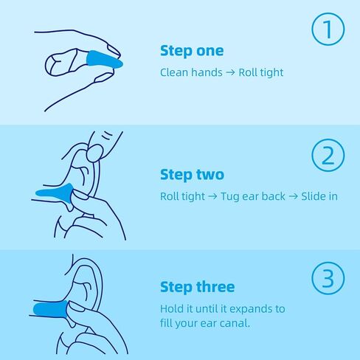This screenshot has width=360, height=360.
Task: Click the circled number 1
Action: click(328, 29)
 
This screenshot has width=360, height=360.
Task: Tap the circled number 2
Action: click(328, 155)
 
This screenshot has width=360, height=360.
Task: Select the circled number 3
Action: click(328, 278)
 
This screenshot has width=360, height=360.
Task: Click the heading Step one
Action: click(192, 51)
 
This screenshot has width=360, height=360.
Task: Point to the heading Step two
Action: click(192, 175)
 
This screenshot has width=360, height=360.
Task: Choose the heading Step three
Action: click(197, 287)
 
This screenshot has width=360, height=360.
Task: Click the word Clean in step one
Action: click(174, 72)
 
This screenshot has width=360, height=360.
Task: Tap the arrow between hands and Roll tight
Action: click(230, 73)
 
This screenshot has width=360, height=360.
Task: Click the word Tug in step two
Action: click(229, 197)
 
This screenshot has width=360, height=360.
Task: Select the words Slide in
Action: click(319, 196)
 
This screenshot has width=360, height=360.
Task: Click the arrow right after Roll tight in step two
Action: click(212, 196)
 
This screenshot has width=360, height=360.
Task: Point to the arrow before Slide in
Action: click(293, 196)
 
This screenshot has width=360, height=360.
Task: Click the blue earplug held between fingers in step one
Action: click(105, 61)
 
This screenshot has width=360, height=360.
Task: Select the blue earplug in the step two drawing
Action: click(55, 193)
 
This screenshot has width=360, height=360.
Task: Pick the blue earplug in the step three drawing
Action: click(51, 309)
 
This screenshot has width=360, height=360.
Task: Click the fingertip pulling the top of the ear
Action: click(94, 153)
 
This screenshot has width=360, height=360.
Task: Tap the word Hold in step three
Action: click(172, 309)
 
